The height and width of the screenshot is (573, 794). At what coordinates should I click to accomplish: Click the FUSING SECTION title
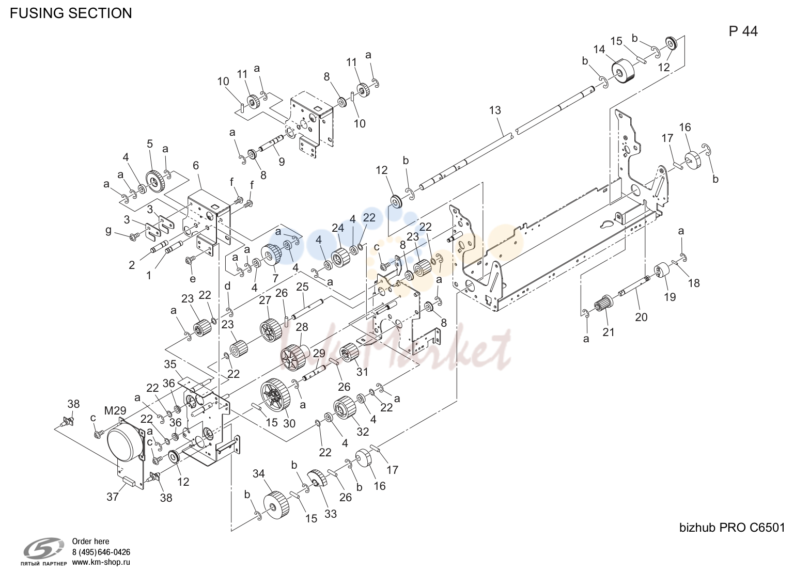(71, 13)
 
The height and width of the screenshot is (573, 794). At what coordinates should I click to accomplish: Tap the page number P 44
(743, 31)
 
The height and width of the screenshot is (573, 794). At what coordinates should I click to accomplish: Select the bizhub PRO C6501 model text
(732, 528)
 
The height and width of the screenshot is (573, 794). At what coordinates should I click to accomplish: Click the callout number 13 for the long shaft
(495, 110)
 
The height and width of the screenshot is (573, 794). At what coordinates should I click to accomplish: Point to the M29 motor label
(115, 410)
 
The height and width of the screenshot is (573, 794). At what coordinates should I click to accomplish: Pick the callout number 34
(259, 473)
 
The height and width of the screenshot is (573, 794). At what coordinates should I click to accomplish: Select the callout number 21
(608, 332)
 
